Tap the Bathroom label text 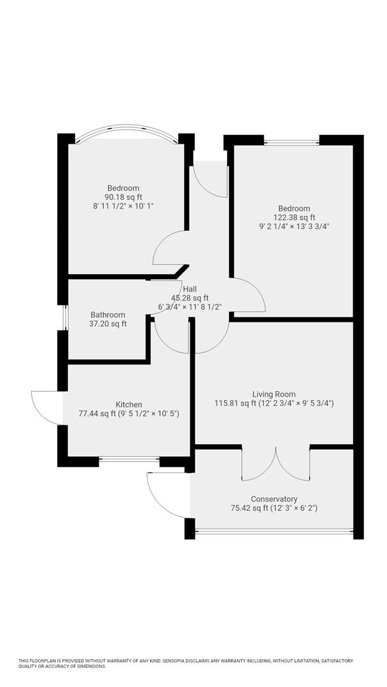point(108,315)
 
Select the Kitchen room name point(129,405)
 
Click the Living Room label point(274,394)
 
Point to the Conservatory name point(274,499)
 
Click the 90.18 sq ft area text point(123,197)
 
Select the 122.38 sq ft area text point(293,217)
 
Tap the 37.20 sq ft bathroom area point(108,324)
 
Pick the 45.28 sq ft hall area point(190,298)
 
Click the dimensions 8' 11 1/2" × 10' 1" point(123,206)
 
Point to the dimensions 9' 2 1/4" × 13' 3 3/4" point(293,226)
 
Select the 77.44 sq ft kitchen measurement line point(129,413)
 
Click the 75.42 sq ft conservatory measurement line point(274,508)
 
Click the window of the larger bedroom point(292,141)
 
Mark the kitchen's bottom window point(129,459)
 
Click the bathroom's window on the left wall point(64,317)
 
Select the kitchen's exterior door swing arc point(46,407)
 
